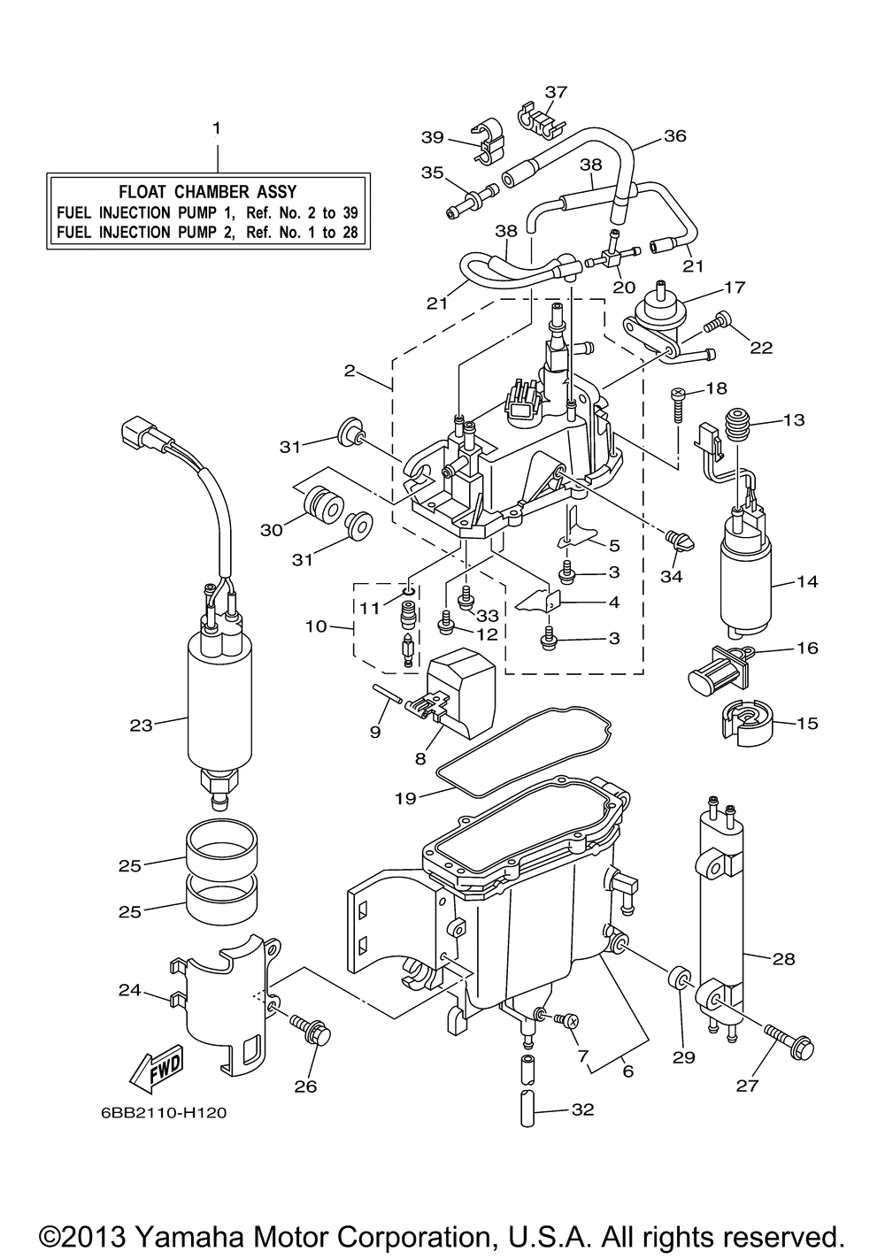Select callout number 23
pyautogui.click(x=141, y=725)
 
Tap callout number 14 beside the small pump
pyautogui.click(x=807, y=581)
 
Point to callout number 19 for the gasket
pyautogui.click(x=405, y=797)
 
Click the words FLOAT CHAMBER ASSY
pyautogui.click(x=207, y=192)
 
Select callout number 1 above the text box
pyautogui.click(x=217, y=128)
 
